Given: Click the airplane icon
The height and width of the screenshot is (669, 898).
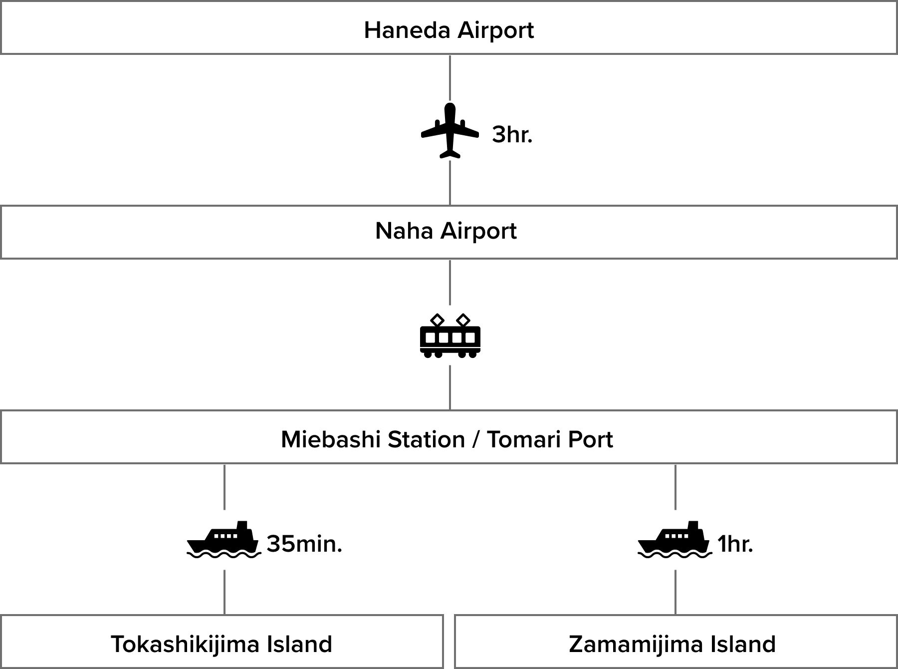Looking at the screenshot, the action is [x=450, y=131].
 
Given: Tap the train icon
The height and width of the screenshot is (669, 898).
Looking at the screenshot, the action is [x=450, y=335].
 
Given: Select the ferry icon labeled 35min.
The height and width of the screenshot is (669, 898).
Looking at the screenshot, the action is [x=224, y=540].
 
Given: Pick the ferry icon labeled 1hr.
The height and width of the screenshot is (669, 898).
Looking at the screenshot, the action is [x=675, y=540].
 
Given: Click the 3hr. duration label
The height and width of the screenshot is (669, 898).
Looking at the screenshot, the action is [x=512, y=135].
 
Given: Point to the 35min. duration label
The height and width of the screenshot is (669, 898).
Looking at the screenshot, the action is [x=304, y=544].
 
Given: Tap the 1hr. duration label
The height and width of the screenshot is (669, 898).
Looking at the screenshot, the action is [x=735, y=544].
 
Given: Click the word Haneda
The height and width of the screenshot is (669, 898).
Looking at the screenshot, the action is [x=407, y=30].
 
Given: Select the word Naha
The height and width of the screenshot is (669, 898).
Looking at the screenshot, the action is [x=404, y=231].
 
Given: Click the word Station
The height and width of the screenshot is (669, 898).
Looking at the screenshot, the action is [x=426, y=440].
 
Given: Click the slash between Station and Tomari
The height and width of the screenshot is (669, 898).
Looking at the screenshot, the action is [x=476, y=440].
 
